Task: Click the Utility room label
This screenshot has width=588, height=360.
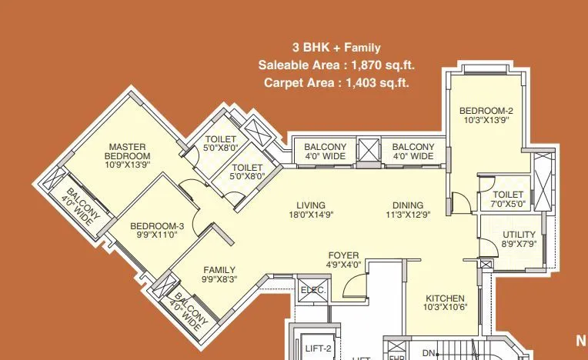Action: [518, 235]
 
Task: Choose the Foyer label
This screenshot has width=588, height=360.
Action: [343, 255]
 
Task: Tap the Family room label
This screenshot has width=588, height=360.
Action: [219, 270]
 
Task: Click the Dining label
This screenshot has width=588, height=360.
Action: [408, 205]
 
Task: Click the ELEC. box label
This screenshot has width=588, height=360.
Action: [312, 290]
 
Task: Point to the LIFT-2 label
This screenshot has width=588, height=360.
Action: [317, 348]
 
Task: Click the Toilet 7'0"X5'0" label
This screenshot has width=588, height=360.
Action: [508, 195]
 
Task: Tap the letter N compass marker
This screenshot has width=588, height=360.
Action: [581, 340]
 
